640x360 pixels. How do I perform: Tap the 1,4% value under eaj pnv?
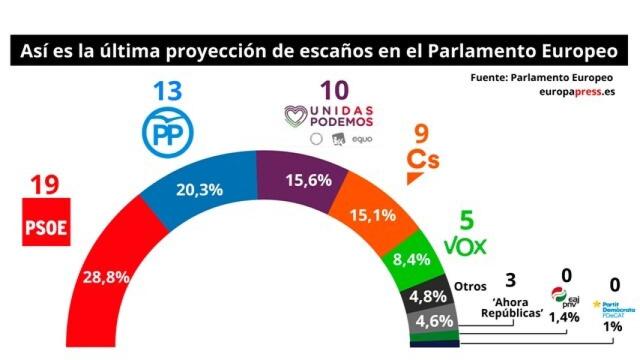pos(565,315)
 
